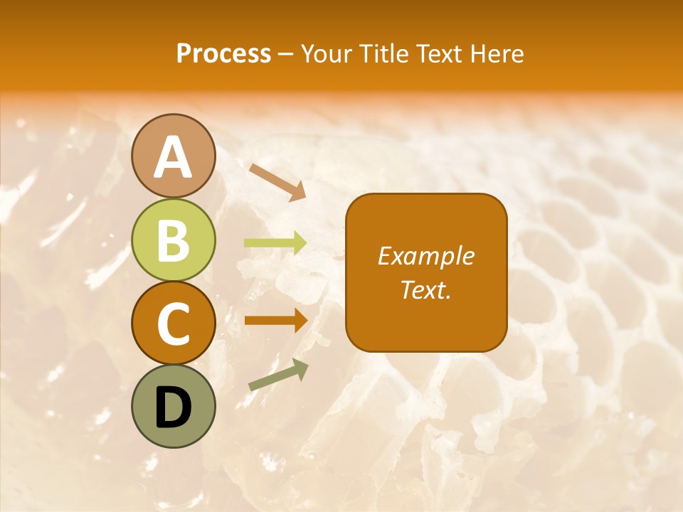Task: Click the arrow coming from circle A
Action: pos(278,182)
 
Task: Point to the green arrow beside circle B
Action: pos(276,243)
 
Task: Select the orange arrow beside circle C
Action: pos(276,320)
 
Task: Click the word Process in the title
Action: pos(223,53)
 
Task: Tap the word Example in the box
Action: pos(426,256)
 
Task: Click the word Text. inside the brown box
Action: pos(426,289)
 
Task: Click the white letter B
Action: pos(174,240)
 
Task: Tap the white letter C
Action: pos(174,324)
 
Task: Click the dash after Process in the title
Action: pos(286,54)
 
